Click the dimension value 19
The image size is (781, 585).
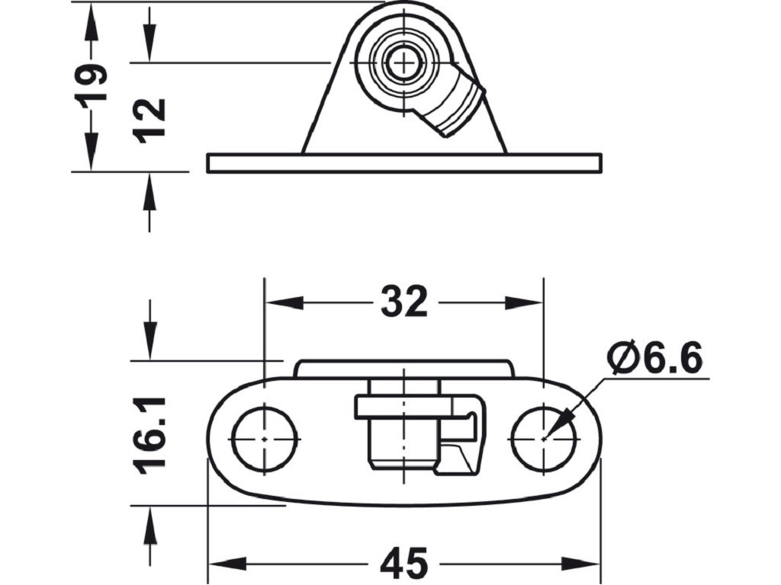coord(92,82)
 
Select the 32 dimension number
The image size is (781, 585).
coord(404,302)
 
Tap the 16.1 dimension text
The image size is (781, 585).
coord(150,435)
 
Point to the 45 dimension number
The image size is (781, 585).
coord(404,563)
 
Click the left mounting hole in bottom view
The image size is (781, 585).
coord(265,439)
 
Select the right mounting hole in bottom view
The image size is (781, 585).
coord(543,439)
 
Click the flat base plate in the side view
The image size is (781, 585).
coord(404,163)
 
